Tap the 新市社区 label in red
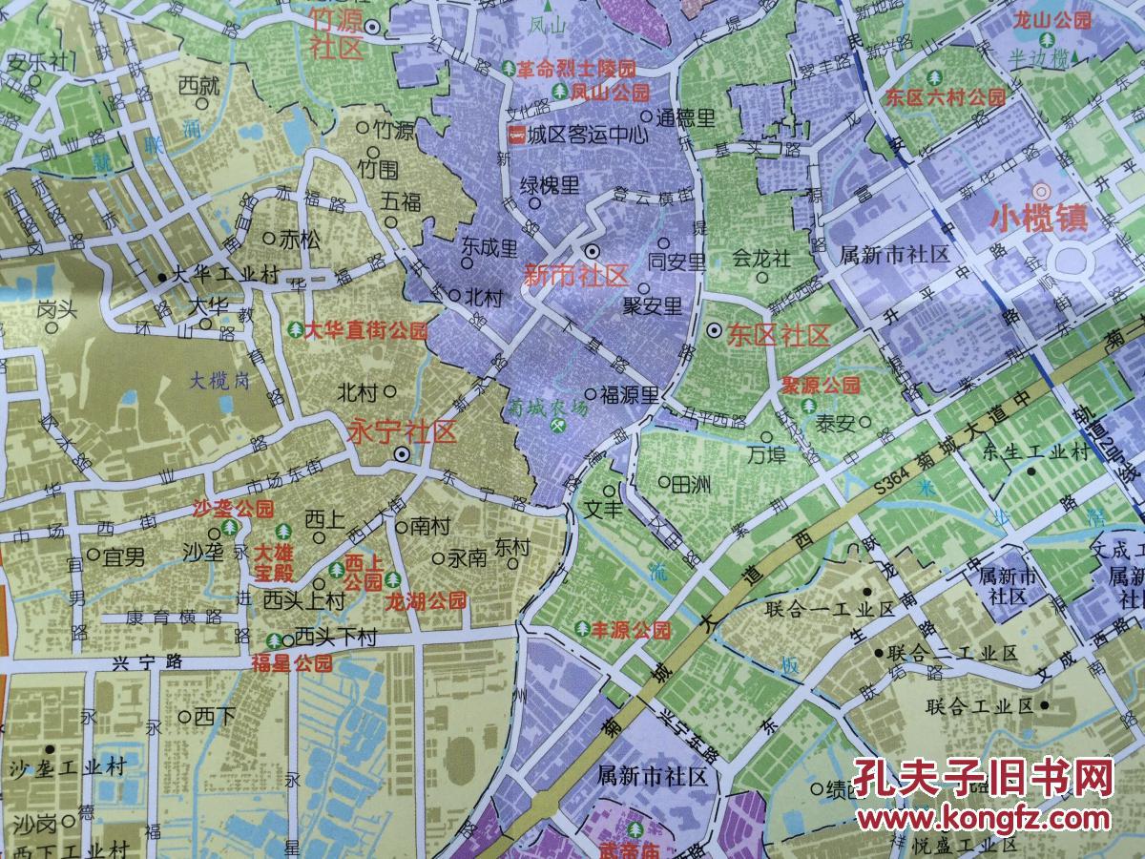[x=576, y=276]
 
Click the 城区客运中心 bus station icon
[x=516, y=134]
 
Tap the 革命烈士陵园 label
[x=576, y=70]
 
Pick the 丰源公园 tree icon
[x=582, y=629]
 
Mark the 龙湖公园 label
[x=425, y=601]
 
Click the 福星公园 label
[x=292, y=661]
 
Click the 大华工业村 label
[x=225, y=276]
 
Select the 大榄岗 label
[x=218, y=380]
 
